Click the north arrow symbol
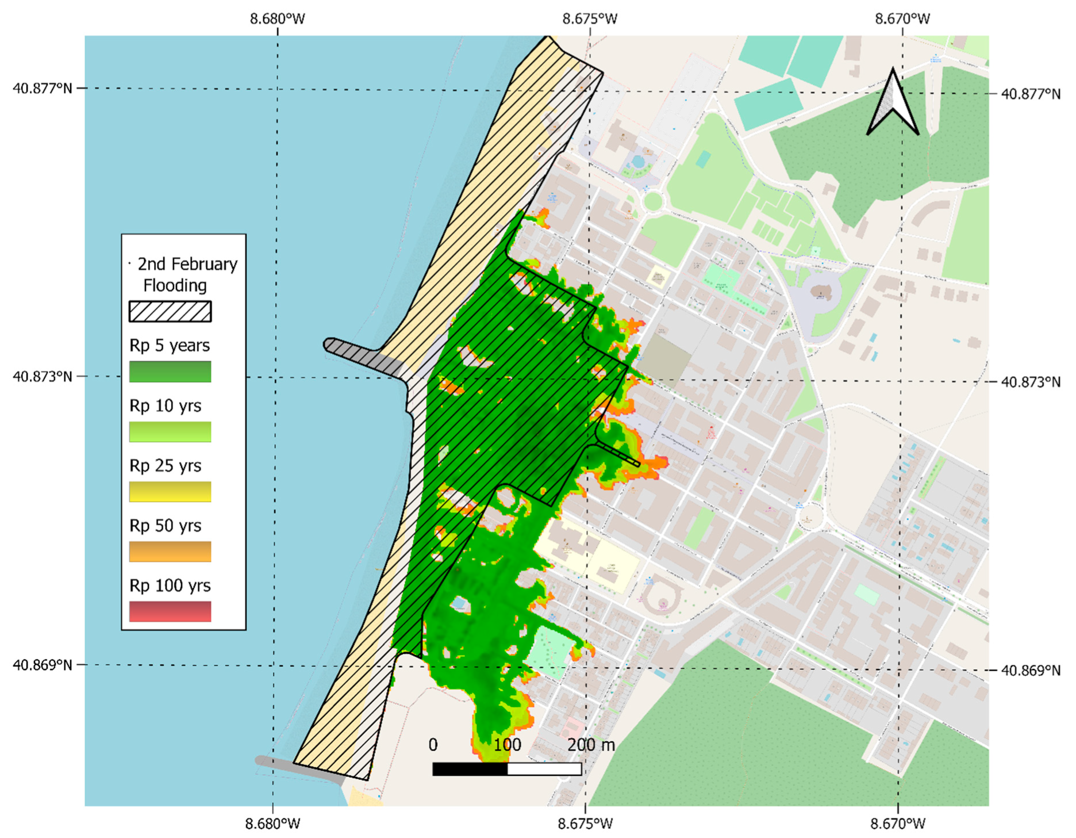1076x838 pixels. (893, 104)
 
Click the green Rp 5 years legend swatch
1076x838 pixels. (170, 372)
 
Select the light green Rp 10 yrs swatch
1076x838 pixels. (170, 431)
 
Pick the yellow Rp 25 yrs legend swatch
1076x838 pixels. (170, 492)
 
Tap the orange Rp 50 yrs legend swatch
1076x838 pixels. (170, 552)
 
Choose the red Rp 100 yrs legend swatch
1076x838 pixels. (170, 611)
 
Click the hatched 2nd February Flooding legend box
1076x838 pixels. (170, 311)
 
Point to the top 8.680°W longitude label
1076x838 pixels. (278, 19)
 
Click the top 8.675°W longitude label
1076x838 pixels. (590, 19)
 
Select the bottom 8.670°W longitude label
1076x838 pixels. (898, 824)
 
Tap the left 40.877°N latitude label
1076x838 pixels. (43, 89)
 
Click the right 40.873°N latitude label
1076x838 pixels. (1031, 382)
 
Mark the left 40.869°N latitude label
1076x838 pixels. (43, 665)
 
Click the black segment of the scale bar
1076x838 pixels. (470, 769)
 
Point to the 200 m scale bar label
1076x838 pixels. (591, 745)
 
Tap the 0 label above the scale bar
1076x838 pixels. (433, 745)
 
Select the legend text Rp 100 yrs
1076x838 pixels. (170, 586)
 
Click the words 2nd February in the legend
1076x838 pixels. (187, 264)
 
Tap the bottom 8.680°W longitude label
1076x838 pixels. (272, 824)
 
